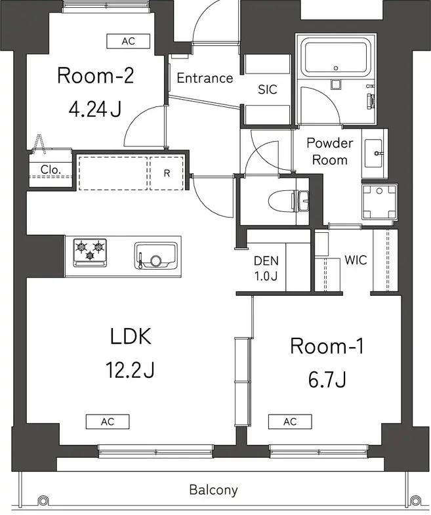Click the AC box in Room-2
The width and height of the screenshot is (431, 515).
click(x=128, y=41)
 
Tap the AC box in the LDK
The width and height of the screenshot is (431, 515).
click(x=108, y=422)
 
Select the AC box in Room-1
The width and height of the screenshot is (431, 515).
click(x=290, y=422)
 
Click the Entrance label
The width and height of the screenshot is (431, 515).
click(x=205, y=78)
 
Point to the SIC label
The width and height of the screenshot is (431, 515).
click(x=268, y=89)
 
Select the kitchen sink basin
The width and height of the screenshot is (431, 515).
click(x=155, y=256)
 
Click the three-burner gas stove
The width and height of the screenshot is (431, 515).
click(x=90, y=252)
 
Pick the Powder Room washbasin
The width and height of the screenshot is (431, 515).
click(x=374, y=154)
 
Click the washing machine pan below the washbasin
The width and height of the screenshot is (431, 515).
click(x=379, y=201)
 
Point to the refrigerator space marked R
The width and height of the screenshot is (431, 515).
click(x=167, y=173)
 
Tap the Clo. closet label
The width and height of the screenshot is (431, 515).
click(x=51, y=169)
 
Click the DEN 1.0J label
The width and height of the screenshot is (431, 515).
click(x=266, y=268)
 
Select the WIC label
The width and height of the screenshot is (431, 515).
click(x=356, y=260)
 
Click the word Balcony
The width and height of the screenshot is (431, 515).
click(x=213, y=489)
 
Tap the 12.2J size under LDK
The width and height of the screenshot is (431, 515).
click(x=130, y=369)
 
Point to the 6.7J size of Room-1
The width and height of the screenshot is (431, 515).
click(x=327, y=380)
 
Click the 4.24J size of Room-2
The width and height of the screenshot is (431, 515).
click(x=95, y=109)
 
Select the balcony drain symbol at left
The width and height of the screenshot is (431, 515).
click(x=42, y=501)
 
